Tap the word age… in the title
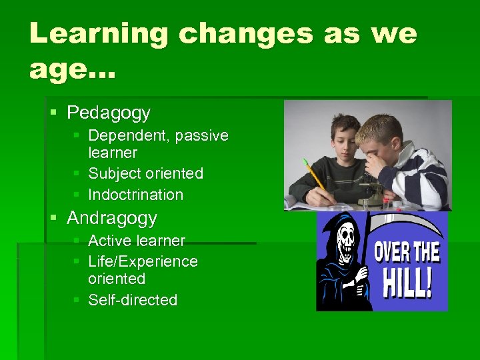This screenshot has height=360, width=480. click(72, 69)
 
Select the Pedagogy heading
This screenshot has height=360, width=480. click(109, 113)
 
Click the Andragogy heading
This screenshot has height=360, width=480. click(112, 218)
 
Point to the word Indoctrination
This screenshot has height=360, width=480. click(135, 195)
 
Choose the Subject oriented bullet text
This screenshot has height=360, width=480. click(145, 173)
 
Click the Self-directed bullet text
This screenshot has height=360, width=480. click(133, 300)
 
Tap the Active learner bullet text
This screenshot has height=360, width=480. click(137, 240)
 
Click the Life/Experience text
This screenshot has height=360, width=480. click(143, 261)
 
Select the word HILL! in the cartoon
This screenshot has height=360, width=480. click(407, 283)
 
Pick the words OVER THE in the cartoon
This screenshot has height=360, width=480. click(407, 253)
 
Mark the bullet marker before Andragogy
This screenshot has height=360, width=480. click(54, 219)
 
